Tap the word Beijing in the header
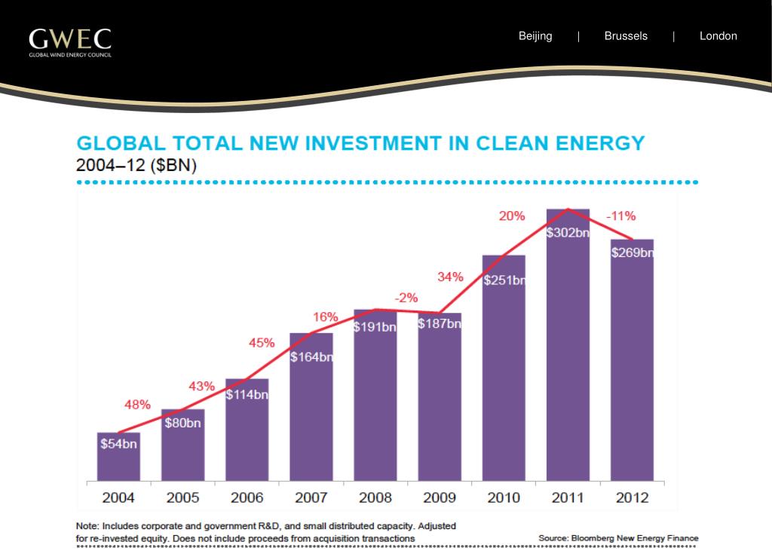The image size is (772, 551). coord(535,36)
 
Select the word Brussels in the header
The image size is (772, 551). coord(626,36)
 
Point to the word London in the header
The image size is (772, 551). coord(718,36)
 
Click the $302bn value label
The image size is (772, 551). coord(568,233)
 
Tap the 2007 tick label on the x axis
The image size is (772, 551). coord(311,498)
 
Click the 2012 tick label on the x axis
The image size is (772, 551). coord(632,498)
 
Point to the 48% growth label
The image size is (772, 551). coord(137,405)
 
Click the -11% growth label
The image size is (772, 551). coord(620,216)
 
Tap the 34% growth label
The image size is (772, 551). coord(450,277)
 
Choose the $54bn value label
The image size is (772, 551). coord(118,444)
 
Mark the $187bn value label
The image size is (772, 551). coord(440,323)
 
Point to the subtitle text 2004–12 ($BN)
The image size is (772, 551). coord(136,166)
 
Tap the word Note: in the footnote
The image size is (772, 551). coord(87,525)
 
